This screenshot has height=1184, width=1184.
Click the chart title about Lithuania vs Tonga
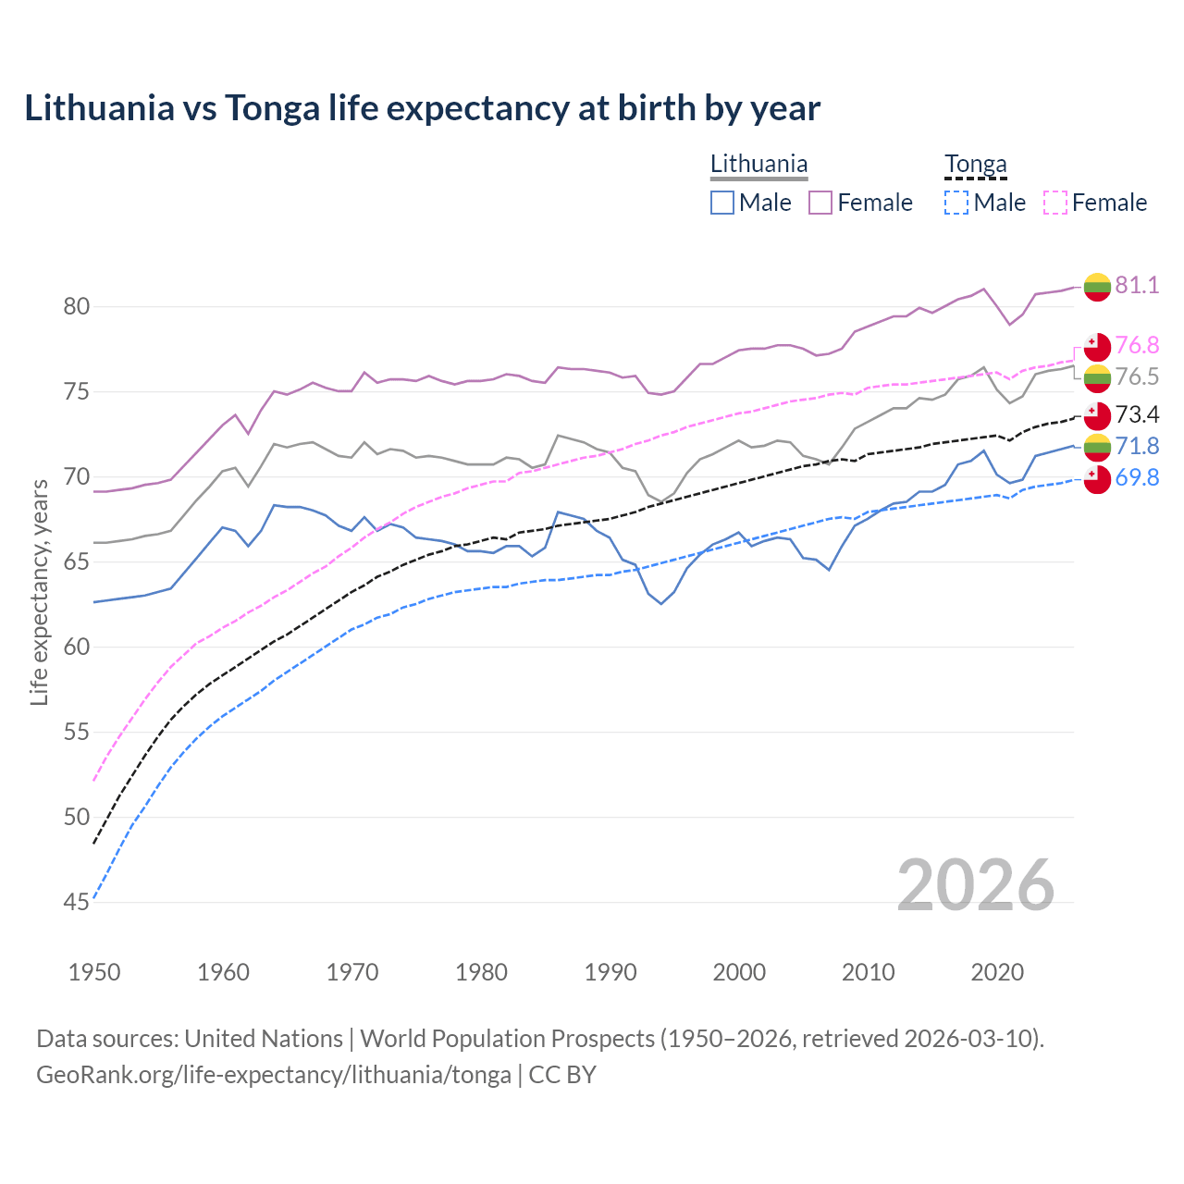pyautogui.click(x=422, y=108)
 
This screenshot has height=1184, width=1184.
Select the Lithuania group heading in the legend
pyautogui.click(x=758, y=165)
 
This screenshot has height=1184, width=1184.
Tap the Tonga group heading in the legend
pyautogui.click(x=975, y=165)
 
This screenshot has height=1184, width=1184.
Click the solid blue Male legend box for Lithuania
pyautogui.click(x=722, y=203)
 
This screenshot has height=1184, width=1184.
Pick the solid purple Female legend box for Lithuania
pyautogui.click(x=820, y=203)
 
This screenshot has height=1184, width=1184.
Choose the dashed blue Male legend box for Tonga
pyautogui.click(x=956, y=203)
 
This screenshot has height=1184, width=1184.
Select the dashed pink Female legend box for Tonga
pyautogui.click(x=1055, y=203)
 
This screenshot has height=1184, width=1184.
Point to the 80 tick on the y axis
pyautogui.click(x=77, y=306)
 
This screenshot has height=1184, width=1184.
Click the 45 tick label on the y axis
pyautogui.click(x=77, y=902)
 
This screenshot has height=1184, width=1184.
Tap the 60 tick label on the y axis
pyautogui.click(x=77, y=647)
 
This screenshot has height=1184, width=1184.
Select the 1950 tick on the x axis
pyautogui.click(x=94, y=972)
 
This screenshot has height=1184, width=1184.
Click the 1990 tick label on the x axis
pyautogui.click(x=610, y=972)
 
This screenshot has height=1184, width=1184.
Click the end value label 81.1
pyautogui.click(x=1137, y=285)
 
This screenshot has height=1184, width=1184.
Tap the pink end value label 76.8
pyautogui.click(x=1137, y=345)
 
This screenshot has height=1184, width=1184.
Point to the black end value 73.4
pyautogui.click(x=1137, y=414)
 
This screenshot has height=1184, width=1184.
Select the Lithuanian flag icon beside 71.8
pyautogui.click(x=1097, y=447)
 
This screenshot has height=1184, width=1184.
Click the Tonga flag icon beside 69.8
pyautogui.click(x=1097, y=479)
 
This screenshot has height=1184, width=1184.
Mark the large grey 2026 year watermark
pyautogui.click(x=975, y=885)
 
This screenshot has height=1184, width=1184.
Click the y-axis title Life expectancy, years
pyautogui.click(x=39, y=592)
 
